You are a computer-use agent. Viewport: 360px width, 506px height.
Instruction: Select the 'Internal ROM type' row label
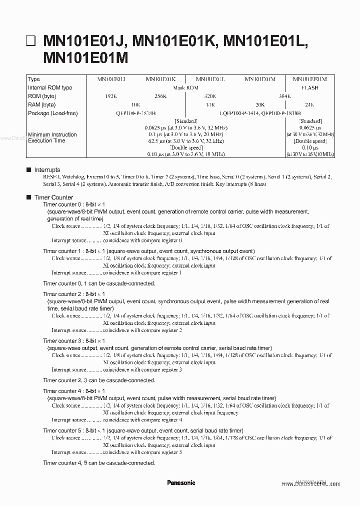pos(50,87)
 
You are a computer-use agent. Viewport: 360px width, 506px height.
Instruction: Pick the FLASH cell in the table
pos(310,87)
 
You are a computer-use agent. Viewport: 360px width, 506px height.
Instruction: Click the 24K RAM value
pos(310,104)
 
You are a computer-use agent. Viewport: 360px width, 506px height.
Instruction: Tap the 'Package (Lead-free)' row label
pos(53,113)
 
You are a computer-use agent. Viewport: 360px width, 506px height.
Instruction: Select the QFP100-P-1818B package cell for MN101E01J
pos(135,113)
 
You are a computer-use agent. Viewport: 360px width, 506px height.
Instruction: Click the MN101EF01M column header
pos(310,79)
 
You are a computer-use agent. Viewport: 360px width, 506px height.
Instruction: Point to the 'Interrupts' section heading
pos(47,170)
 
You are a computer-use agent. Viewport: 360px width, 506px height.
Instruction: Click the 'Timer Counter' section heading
pos(53,197)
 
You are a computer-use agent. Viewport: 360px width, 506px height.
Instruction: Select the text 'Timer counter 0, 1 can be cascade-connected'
pos(99,283)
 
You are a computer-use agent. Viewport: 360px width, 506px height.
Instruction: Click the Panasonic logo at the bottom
pos(180,483)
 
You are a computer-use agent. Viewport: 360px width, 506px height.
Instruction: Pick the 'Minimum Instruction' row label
pos(52,134)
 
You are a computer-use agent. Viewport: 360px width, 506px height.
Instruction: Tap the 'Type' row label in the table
pos(34,79)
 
